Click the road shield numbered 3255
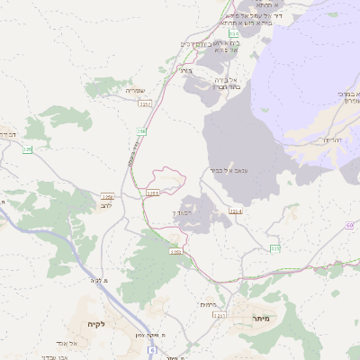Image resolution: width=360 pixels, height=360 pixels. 152,192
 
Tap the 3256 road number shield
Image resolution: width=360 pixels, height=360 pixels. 108,196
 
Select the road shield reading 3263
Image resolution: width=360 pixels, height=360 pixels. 176,253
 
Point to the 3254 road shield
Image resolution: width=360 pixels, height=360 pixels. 236,211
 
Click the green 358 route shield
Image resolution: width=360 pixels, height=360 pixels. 141,131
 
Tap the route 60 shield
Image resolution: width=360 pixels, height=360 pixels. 348,226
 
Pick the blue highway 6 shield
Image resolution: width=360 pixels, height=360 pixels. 154,349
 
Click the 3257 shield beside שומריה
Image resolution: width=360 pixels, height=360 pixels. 145,104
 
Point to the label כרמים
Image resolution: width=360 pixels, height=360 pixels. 209,304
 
